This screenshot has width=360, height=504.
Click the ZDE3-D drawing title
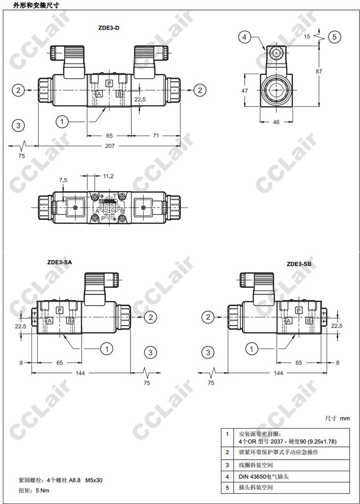[x=108, y=28]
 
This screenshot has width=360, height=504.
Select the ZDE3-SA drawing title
[x=59, y=262]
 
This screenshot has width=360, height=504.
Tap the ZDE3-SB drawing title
[x=299, y=264]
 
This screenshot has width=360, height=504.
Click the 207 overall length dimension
[x=110, y=146]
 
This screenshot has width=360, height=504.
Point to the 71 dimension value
[x=156, y=136]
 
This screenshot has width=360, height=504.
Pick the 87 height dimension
[x=319, y=71]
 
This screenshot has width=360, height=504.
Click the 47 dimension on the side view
[x=245, y=91]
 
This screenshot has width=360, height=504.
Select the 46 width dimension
[x=276, y=122]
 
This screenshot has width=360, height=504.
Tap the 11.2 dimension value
[x=108, y=176]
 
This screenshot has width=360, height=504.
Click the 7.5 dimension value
[x=63, y=180]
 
